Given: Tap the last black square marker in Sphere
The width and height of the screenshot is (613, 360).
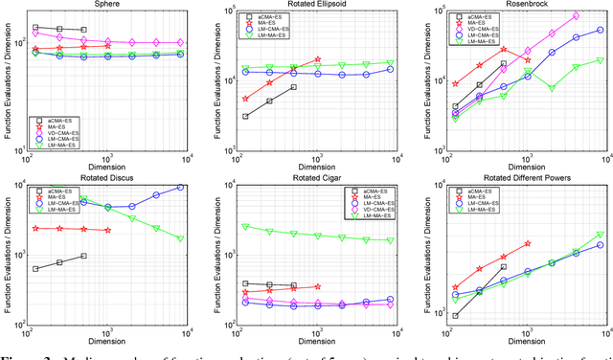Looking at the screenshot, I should point(83,31).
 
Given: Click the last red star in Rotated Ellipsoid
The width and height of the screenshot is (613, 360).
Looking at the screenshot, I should point(317,59).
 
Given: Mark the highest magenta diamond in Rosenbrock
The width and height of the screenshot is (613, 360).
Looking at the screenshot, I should point(575,15).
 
